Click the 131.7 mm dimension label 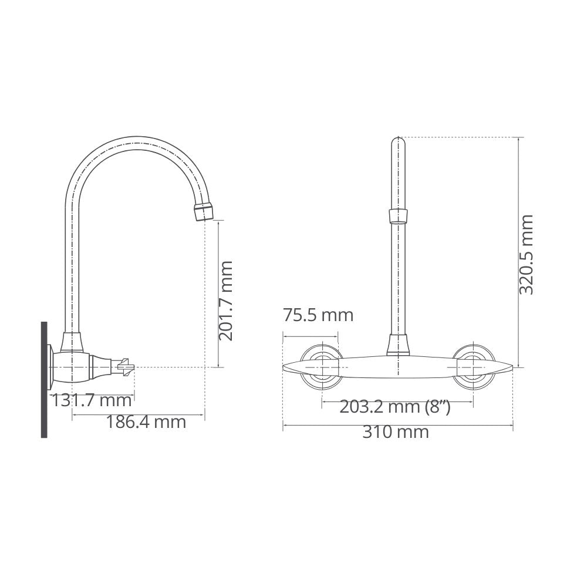pyautogui.click(x=91, y=400)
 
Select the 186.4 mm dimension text pyautogui.click(x=146, y=422)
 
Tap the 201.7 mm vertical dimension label pyautogui.click(x=226, y=301)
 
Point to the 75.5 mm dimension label pyautogui.click(x=318, y=315)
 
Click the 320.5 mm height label pyautogui.click(x=527, y=255)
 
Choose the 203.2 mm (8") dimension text pyautogui.click(x=395, y=407)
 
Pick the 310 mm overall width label pyautogui.click(x=395, y=433)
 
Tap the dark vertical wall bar pyautogui.click(x=44, y=379)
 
